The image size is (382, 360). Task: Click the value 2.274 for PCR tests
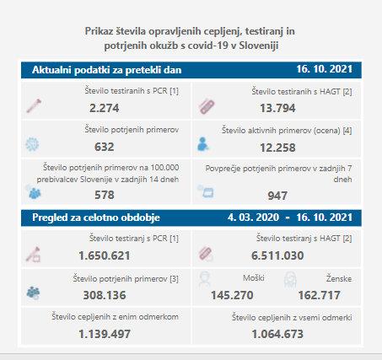click(x=105, y=108)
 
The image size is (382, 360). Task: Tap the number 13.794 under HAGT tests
click(x=277, y=108)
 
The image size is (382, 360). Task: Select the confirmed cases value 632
click(x=105, y=147)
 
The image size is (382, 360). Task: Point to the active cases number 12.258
click(x=277, y=148)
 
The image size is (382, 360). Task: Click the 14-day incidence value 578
click(x=105, y=195)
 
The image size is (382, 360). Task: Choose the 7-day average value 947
click(x=277, y=196)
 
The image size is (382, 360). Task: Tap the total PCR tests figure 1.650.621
click(x=105, y=255)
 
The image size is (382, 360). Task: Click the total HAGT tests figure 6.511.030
click(x=277, y=255)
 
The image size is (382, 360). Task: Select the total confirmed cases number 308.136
click(x=105, y=295)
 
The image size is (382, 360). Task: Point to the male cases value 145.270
click(x=232, y=295)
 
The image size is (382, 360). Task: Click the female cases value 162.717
click(x=320, y=295)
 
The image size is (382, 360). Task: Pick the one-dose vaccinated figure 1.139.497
click(x=105, y=334)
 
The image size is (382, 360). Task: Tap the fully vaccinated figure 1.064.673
click(x=277, y=334)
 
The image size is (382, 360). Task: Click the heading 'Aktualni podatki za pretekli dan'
click(x=107, y=70)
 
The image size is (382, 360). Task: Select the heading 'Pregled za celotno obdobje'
click(x=96, y=218)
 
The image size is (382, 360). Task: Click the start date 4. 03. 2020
click(x=253, y=218)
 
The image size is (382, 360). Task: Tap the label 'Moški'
click(x=254, y=278)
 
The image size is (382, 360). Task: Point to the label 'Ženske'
click(x=339, y=278)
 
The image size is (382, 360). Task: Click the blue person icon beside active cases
click(x=202, y=144)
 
